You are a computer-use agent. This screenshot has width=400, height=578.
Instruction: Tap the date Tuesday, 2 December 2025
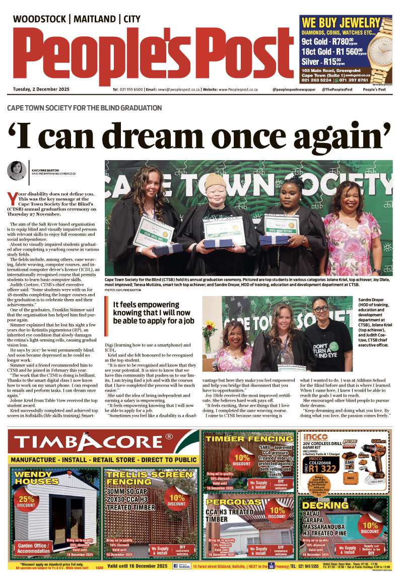tap(41, 89)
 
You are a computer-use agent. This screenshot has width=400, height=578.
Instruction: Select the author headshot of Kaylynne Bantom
tap(17, 171)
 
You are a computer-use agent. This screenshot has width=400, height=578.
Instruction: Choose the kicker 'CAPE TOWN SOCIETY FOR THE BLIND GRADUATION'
tap(85, 108)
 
